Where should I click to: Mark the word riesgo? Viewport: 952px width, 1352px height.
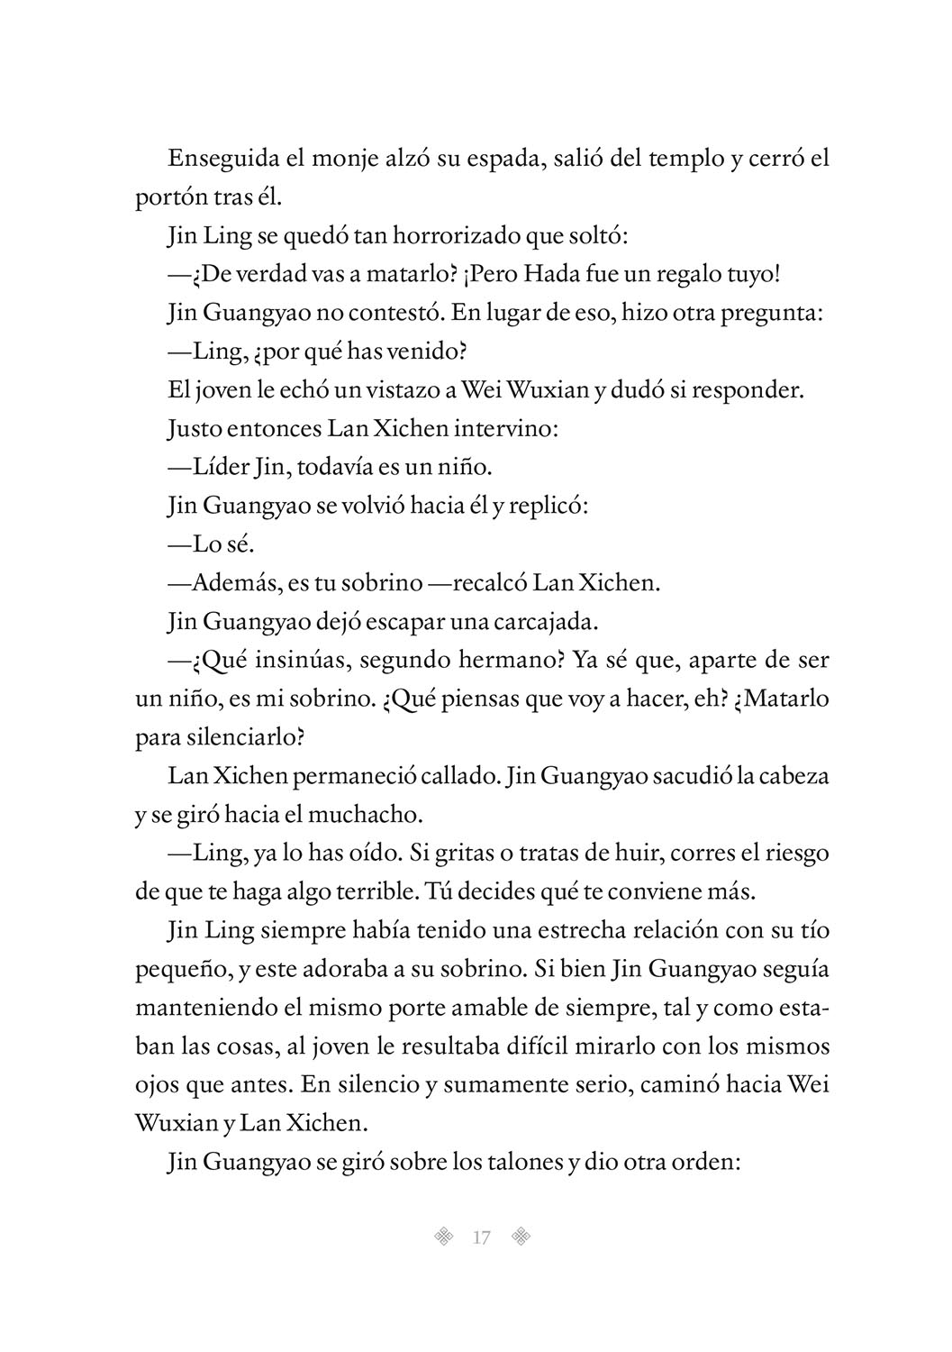[x=791, y=852]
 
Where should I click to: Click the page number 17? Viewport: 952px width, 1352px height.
[x=481, y=1238]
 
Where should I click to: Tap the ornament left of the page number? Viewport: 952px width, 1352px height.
[x=442, y=1237]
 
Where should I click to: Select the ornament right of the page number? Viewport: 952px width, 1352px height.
[x=520, y=1237]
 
